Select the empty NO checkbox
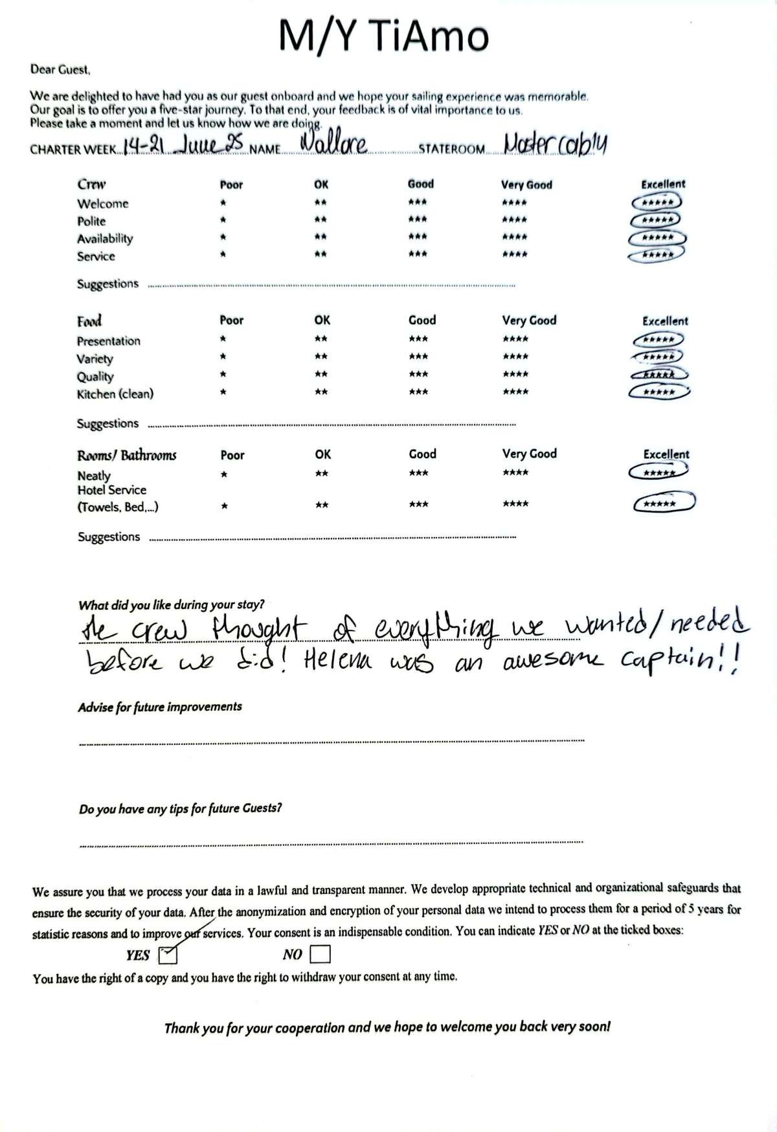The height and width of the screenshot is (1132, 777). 320,954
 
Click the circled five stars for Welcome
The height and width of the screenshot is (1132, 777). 656,203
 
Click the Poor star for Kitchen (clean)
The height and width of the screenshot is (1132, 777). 223,392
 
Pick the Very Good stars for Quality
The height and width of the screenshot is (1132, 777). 515,374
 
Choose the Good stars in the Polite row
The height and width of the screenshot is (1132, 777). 418,219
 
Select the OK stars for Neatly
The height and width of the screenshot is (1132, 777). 322,474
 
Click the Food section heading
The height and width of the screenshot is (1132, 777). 89,321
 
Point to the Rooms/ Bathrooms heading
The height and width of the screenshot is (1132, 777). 126,455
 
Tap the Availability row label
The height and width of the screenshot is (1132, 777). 105,238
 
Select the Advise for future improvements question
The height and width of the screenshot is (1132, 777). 160,707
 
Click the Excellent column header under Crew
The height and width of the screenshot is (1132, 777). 663,184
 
